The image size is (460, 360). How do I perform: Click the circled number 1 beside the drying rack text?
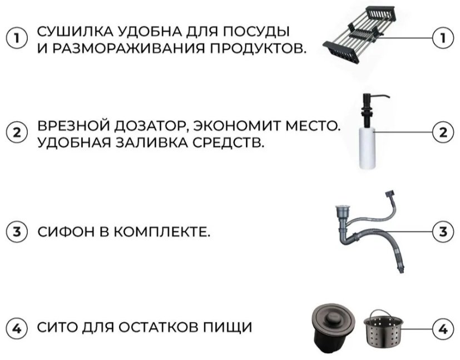(17, 38)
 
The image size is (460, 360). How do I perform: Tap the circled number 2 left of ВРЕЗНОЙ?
(17, 132)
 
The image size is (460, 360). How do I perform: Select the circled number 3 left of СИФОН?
(17, 231)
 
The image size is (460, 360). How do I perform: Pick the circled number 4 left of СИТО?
(17, 328)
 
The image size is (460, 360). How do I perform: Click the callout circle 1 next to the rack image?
(443, 38)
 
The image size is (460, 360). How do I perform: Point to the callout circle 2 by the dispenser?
(443, 132)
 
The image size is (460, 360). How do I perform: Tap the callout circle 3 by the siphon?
(443, 231)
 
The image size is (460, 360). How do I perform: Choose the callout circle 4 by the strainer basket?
(443, 329)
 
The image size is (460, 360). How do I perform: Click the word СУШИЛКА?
(75, 31)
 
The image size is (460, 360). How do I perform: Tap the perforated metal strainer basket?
(384, 330)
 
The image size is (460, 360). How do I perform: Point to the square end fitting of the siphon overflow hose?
(389, 194)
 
